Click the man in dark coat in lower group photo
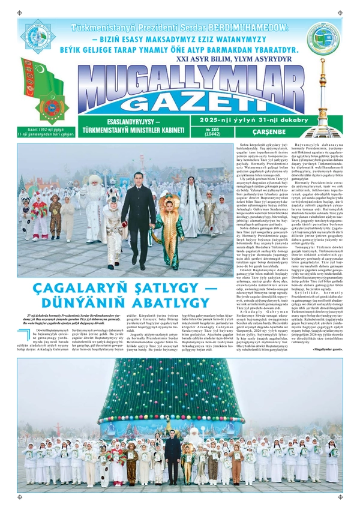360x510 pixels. pos(173,457)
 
